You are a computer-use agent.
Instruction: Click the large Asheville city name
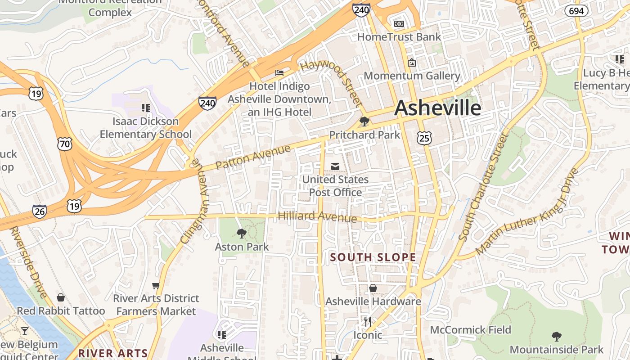438,108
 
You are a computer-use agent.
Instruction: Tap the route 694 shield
577,11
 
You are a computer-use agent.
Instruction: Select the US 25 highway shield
424,138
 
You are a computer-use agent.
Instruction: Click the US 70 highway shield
64,144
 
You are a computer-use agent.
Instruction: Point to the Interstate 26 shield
40,211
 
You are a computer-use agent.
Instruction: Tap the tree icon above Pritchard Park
364,121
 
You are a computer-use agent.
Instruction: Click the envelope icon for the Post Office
335,166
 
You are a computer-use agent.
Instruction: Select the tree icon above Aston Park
242,233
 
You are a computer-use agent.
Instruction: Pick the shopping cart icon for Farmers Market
156,285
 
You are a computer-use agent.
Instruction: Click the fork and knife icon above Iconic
368,321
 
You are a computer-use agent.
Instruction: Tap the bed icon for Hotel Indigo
279,72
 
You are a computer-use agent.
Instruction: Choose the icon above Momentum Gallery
411,63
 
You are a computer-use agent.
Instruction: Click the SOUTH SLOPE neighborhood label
373,257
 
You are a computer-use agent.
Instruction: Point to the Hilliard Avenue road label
317,217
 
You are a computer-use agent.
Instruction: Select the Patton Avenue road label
253,157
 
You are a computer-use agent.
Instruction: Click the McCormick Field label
470,330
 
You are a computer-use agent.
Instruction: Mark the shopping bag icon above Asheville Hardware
373,288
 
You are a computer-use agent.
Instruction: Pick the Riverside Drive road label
28,262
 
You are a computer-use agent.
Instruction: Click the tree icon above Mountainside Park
557,336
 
